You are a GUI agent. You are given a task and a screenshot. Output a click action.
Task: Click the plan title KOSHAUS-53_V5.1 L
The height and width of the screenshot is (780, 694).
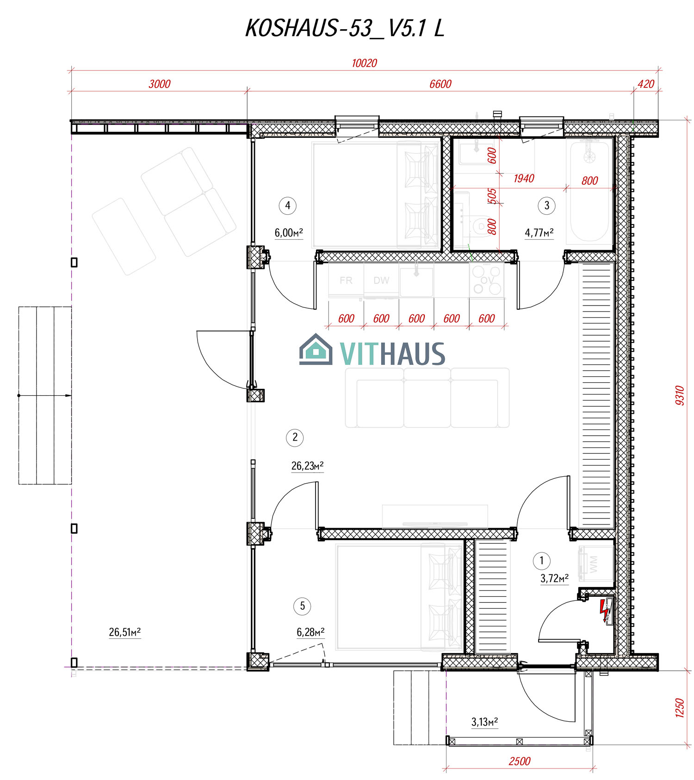click(345, 29)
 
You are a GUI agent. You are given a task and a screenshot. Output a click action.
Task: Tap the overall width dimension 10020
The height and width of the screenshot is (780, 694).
click(364, 63)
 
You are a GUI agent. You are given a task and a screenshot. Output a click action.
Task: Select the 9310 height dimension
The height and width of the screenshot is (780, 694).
click(679, 395)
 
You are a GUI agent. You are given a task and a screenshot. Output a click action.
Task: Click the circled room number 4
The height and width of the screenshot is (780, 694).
click(288, 205)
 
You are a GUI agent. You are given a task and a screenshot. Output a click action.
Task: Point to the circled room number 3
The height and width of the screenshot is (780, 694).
click(547, 205)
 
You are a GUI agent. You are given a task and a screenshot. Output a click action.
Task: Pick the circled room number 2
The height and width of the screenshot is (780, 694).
click(295, 437)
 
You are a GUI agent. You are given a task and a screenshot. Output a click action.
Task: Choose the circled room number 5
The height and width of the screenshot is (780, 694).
click(303, 606)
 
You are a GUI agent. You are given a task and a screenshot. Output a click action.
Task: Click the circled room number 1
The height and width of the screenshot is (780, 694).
click(542, 561)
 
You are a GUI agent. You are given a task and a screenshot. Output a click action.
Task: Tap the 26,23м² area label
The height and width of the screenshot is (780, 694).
click(307, 466)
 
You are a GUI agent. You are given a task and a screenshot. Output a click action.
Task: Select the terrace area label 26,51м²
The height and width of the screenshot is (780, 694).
click(125, 632)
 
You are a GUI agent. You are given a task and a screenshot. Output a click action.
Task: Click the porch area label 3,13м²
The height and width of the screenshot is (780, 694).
click(484, 722)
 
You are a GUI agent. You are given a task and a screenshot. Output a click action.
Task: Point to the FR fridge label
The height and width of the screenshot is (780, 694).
click(346, 281)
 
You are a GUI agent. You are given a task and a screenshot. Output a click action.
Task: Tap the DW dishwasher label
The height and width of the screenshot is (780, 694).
click(381, 281)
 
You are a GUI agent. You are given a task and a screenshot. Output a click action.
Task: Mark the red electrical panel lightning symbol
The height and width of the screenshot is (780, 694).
click(604, 611)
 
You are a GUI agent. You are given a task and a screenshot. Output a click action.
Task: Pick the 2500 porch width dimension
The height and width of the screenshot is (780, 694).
click(519, 761)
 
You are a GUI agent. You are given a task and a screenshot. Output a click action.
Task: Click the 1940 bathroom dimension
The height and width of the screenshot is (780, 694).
click(524, 178)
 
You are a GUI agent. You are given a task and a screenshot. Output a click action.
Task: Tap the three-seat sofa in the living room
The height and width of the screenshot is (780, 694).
click(427, 398)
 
